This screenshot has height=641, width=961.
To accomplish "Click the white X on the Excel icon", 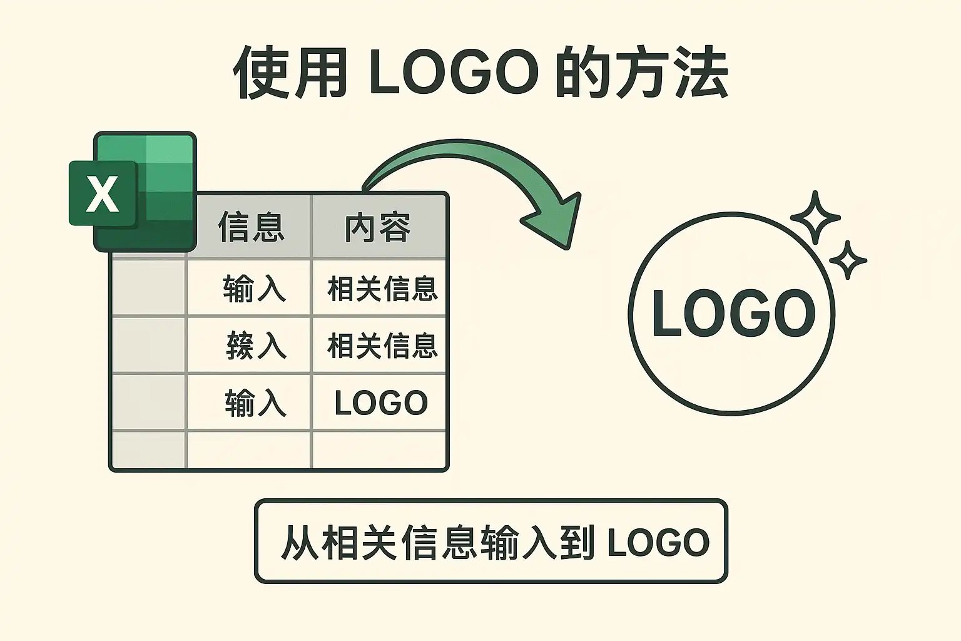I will point(102,193).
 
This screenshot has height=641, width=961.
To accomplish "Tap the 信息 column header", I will point(251,227).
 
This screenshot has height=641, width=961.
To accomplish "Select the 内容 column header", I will point(378,227).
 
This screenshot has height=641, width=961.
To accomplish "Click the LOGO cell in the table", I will point(380,403).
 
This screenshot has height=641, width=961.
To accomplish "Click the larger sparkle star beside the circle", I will point(815,218).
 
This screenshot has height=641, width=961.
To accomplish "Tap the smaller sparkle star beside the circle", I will point(848,260).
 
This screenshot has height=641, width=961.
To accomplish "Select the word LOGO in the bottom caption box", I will point(658,542).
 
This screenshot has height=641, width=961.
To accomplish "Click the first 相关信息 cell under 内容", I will point(382,289).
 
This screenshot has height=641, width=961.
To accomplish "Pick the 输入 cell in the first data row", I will point(254,289).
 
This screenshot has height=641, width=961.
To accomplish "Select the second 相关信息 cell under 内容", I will point(382,346).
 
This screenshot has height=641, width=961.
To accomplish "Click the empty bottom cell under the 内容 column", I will point(379,449).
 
